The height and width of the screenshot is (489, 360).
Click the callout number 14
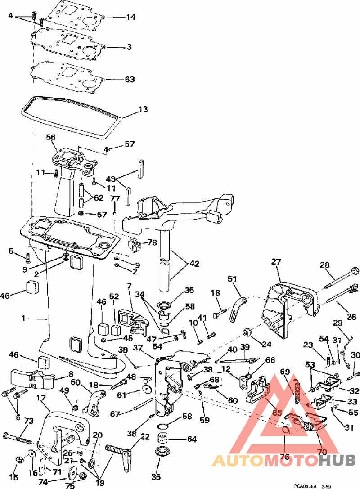(130, 18)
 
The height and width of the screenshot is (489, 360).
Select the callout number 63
(130, 80)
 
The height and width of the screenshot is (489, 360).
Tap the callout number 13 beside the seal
(143, 109)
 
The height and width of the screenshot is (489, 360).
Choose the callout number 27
(276, 262)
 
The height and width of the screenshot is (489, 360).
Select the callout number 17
(41, 398)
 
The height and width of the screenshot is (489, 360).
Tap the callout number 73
(28, 421)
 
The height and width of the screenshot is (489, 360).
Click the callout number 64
(192, 439)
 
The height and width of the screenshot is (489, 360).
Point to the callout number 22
(145, 437)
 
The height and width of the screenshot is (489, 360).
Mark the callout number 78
(152, 242)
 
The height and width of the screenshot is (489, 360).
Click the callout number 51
(232, 279)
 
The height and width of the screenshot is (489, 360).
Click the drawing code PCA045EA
(306, 485)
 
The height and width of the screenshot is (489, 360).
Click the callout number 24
(267, 345)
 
